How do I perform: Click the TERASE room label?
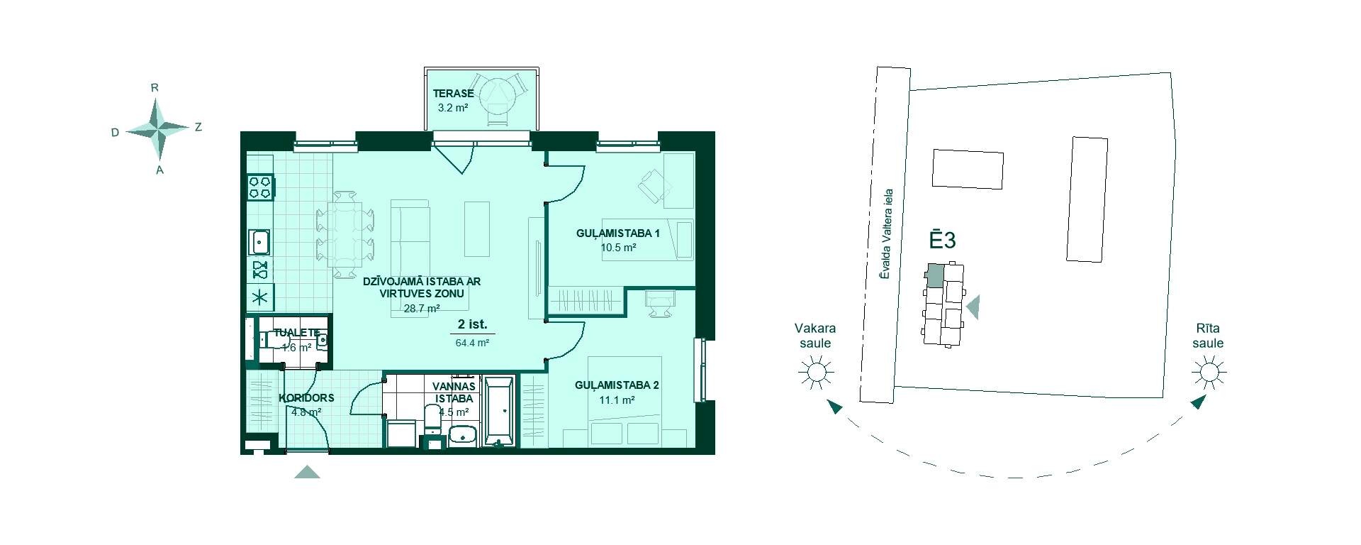click(x=453, y=94)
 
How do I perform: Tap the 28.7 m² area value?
click(x=422, y=309)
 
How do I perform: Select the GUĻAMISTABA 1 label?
click(x=618, y=233)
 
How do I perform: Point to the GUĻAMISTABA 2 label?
click(x=617, y=385)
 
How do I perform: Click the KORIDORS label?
click(x=306, y=398)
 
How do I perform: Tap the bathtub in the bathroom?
click(x=500, y=412)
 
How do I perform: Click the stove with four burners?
click(x=260, y=187)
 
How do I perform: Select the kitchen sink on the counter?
click(x=260, y=242)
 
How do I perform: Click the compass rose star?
click(x=159, y=128)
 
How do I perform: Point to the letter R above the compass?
click(x=155, y=88)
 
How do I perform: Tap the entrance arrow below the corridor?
click(x=307, y=472)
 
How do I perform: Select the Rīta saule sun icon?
click(x=1209, y=372)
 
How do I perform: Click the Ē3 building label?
click(x=943, y=239)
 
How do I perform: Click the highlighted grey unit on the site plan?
click(x=936, y=275)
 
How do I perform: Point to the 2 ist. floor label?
click(x=472, y=325)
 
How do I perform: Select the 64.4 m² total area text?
click(x=472, y=342)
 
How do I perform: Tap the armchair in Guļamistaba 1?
click(x=654, y=186)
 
